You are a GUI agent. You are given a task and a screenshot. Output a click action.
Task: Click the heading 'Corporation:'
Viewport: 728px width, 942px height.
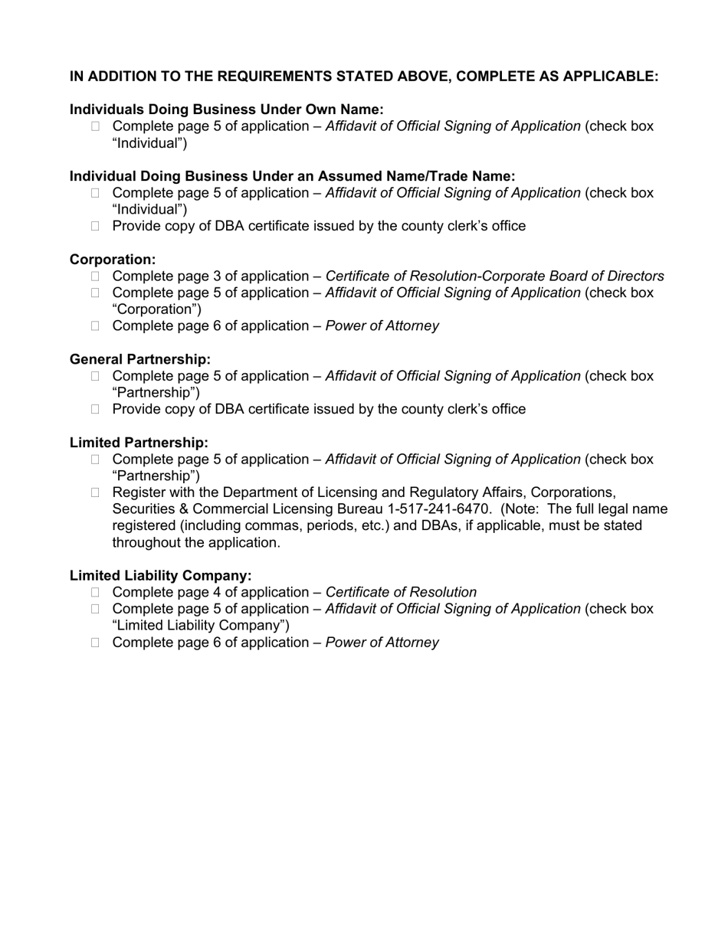click(113, 260)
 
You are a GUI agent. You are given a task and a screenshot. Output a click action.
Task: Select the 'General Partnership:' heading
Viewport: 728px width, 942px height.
click(139, 359)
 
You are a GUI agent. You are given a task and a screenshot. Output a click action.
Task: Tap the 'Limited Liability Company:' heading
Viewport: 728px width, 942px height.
click(160, 575)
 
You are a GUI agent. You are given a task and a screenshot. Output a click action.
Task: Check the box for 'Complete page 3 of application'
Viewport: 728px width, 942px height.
click(95, 276)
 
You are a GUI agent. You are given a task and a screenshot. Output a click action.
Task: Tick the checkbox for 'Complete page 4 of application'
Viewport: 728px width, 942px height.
click(95, 593)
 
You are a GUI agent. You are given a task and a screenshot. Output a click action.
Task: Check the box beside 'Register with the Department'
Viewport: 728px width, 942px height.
click(95, 492)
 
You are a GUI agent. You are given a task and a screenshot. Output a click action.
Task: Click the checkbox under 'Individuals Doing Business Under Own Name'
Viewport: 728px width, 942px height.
click(95, 126)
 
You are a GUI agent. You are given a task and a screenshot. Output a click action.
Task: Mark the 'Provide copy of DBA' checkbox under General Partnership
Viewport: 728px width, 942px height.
click(95, 410)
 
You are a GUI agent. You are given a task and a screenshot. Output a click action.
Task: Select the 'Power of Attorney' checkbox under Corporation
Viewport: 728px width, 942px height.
click(95, 326)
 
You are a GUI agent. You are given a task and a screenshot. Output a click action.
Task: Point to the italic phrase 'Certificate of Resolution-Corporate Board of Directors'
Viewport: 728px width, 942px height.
click(494, 276)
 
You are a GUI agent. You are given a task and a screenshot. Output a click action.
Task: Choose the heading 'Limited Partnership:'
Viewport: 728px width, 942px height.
click(139, 443)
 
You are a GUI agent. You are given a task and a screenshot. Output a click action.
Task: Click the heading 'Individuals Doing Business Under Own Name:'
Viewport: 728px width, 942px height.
click(226, 110)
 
